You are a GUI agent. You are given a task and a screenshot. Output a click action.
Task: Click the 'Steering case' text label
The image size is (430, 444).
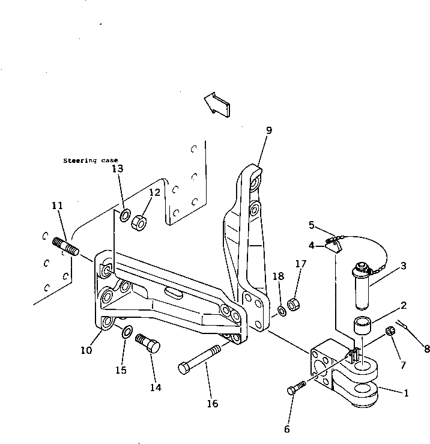coord(91,161)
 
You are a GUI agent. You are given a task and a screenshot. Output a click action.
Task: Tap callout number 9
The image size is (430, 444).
coord(269,130)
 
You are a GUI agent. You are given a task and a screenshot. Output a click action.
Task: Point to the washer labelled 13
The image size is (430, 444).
coord(126,216)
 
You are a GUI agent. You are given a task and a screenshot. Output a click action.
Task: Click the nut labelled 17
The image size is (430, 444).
coord(294,304)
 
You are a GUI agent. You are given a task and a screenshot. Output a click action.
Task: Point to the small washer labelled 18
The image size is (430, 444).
coord(281,311)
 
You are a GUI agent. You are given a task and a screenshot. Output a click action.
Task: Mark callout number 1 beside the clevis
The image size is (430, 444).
coord(406,394)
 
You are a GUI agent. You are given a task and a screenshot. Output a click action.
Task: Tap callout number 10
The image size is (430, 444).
coord(86,350)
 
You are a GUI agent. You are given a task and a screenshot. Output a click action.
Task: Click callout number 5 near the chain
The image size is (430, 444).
coord(312,225)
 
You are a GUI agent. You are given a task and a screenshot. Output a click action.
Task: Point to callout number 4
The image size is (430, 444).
coord(312,245)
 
